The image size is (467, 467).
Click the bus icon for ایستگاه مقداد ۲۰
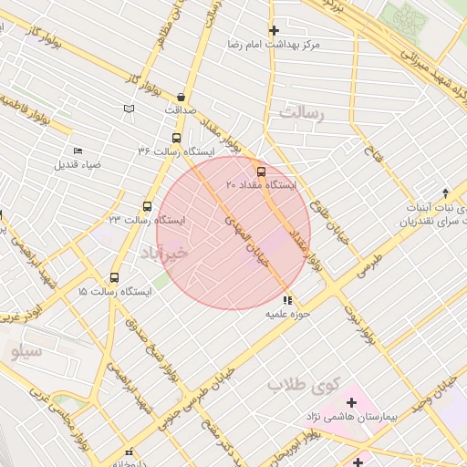click(x=262, y=171)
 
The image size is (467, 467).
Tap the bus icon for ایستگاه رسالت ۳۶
click(x=175, y=138)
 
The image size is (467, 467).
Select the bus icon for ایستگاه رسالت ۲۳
click(x=147, y=207)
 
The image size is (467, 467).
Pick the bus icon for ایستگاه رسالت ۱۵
click(x=114, y=277)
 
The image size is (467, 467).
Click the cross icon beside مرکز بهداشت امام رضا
click(x=274, y=30)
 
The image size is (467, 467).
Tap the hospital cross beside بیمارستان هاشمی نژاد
click(x=351, y=401)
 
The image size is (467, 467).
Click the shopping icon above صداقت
click(x=181, y=97)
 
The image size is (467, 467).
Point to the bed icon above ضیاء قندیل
click(x=78, y=151)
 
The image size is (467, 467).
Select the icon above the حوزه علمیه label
click(x=287, y=299)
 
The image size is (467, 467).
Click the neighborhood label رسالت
click(x=302, y=113)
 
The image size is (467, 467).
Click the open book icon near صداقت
click(x=129, y=109)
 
